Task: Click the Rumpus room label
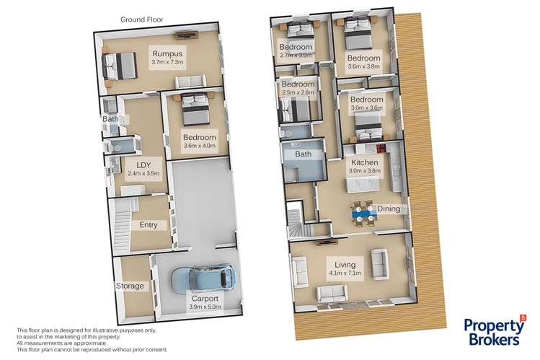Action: [x=167, y=53]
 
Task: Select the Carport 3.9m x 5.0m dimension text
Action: [x=205, y=307]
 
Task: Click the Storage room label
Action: [x=130, y=286]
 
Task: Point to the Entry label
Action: [x=149, y=225]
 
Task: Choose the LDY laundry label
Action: [x=143, y=165]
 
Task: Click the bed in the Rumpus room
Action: [x=119, y=66]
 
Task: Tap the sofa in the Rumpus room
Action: [x=191, y=82]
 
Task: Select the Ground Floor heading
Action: [x=142, y=19]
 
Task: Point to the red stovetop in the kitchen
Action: [x=381, y=149]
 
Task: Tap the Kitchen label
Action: [x=365, y=162]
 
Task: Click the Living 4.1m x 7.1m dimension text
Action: [x=345, y=273]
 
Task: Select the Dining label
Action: [x=389, y=208]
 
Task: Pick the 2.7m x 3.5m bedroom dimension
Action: [x=296, y=55]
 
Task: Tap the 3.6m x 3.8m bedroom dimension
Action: [x=363, y=66]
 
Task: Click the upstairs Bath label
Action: [x=303, y=154]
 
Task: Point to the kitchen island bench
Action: [x=363, y=185]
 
